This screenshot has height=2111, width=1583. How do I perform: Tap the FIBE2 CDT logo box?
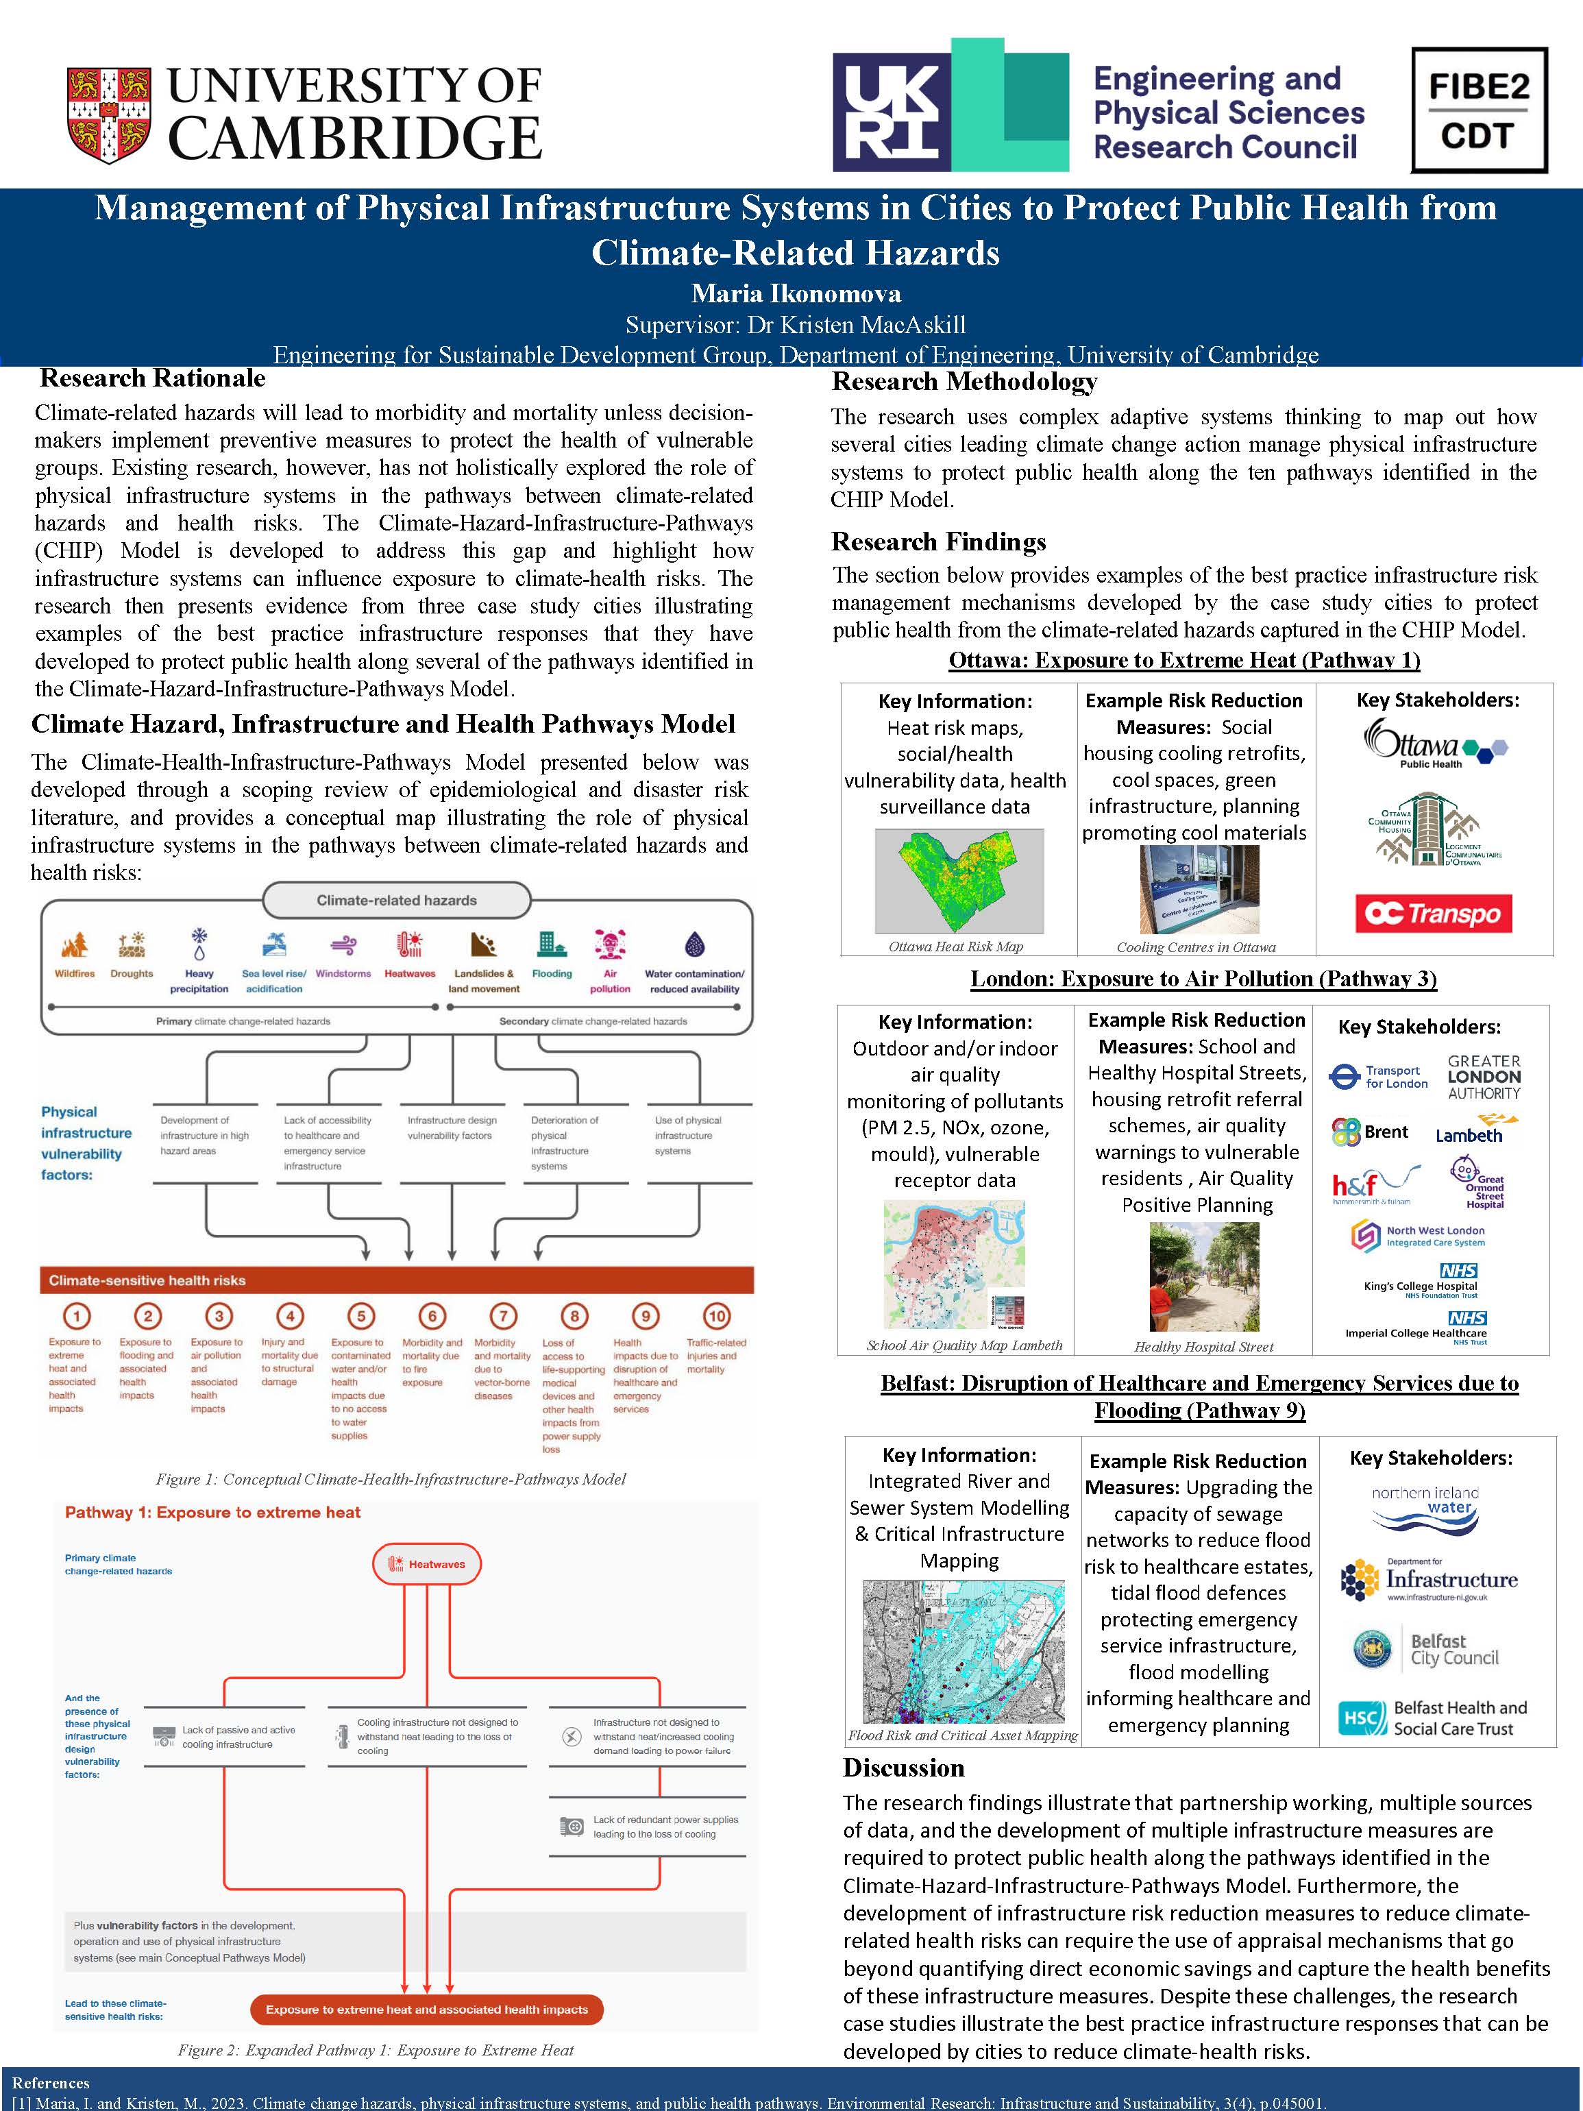pyautogui.click(x=1478, y=111)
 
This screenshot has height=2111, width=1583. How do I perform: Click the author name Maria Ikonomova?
pyautogui.click(x=796, y=293)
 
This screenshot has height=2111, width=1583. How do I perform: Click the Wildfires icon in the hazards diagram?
pyautogui.click(x=75, y=944)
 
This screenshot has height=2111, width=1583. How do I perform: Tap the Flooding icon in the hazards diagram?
pyautogui.click(x=552, y=944)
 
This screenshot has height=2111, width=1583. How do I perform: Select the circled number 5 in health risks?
pyautogui.click(x=360, y=1316)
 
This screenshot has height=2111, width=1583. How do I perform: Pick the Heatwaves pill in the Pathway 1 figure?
pyautogui.click(x=426, y=1564)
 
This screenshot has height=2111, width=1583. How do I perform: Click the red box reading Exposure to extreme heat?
pyautogui.click(x=426, y=2009)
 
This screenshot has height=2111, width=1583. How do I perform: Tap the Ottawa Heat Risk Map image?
pyautogui.click(x=958, y=881)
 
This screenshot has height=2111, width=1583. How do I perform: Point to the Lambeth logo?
pyautogui.click(x=1474, y=1131)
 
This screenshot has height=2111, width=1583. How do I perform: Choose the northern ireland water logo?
pyautogui.click(x=1425, y=1507)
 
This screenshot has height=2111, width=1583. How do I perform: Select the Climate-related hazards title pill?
pyautogui.click(x=396, y=900)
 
